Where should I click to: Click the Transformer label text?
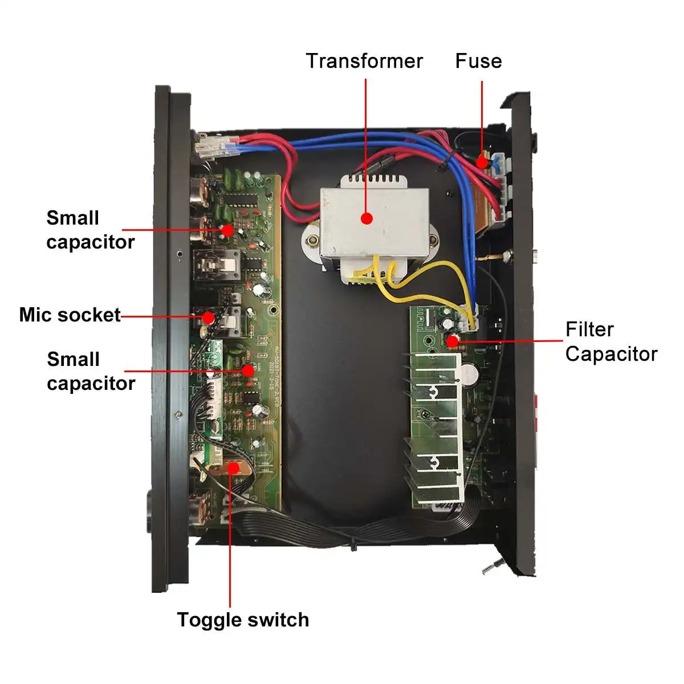tap(364, 61)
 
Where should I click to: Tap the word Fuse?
tap(478, 61)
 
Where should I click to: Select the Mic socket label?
tap(70, 315)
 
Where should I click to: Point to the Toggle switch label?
tap(243, 620)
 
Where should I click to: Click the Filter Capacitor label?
tap(611, 341)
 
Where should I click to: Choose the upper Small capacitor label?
tap(90, 230)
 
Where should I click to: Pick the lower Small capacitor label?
tap(91, 371)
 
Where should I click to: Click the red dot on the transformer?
tap(367, 218)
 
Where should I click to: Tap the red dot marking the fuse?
tap(482, 162)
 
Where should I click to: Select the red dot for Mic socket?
tap(209, 316)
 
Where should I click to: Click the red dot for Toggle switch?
tap(233, 468)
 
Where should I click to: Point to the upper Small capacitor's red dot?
tap(227, 230)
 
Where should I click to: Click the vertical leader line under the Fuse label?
tap(482, 114)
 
